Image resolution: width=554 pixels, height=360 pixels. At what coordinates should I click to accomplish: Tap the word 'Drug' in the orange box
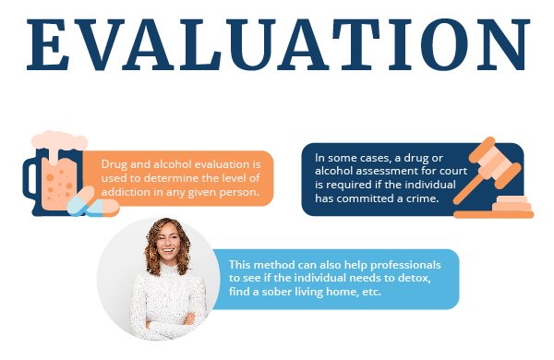click(x=115, y=162)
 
